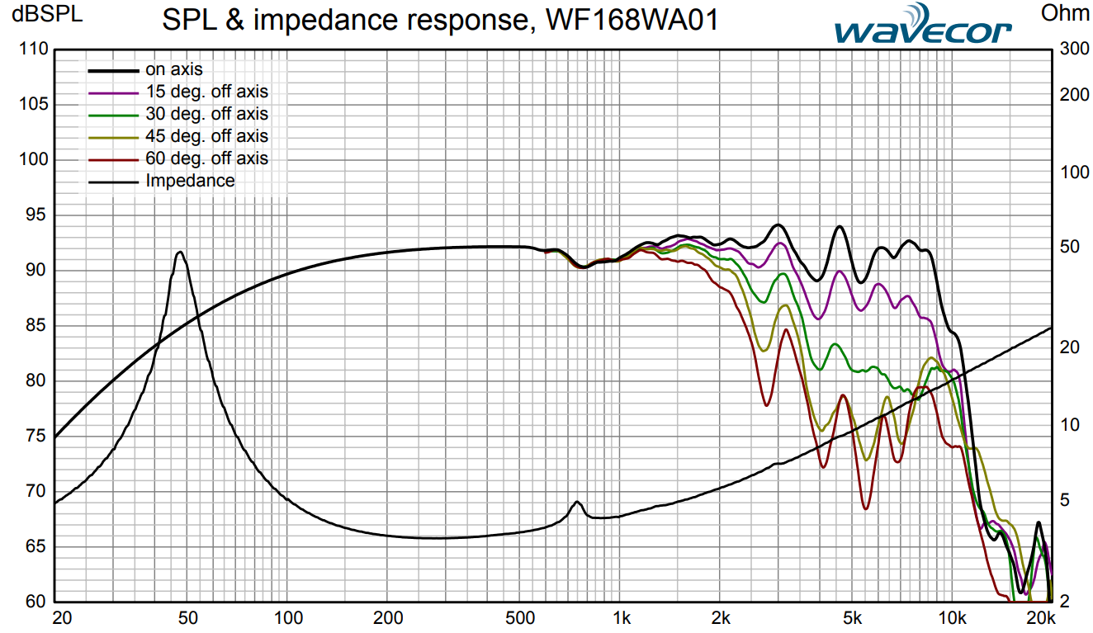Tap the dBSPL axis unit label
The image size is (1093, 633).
(x=41, y=14)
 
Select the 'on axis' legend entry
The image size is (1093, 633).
(x=173, y=69)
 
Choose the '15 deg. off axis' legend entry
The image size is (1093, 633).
(x=206, y=92)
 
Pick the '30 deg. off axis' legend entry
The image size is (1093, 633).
(x=206, y=114)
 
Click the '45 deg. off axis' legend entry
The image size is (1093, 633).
(x=206, y=136)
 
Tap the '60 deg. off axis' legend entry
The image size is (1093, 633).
(x=206, y=158)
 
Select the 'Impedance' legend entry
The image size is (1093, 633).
(x=190, y=181)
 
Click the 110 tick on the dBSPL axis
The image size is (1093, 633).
(x=33, y=49)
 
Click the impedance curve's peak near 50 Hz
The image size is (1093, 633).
(x=179, y=253)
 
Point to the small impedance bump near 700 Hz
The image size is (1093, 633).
(x=577, y=502)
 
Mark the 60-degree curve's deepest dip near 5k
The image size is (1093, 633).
(x=865, y=508)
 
